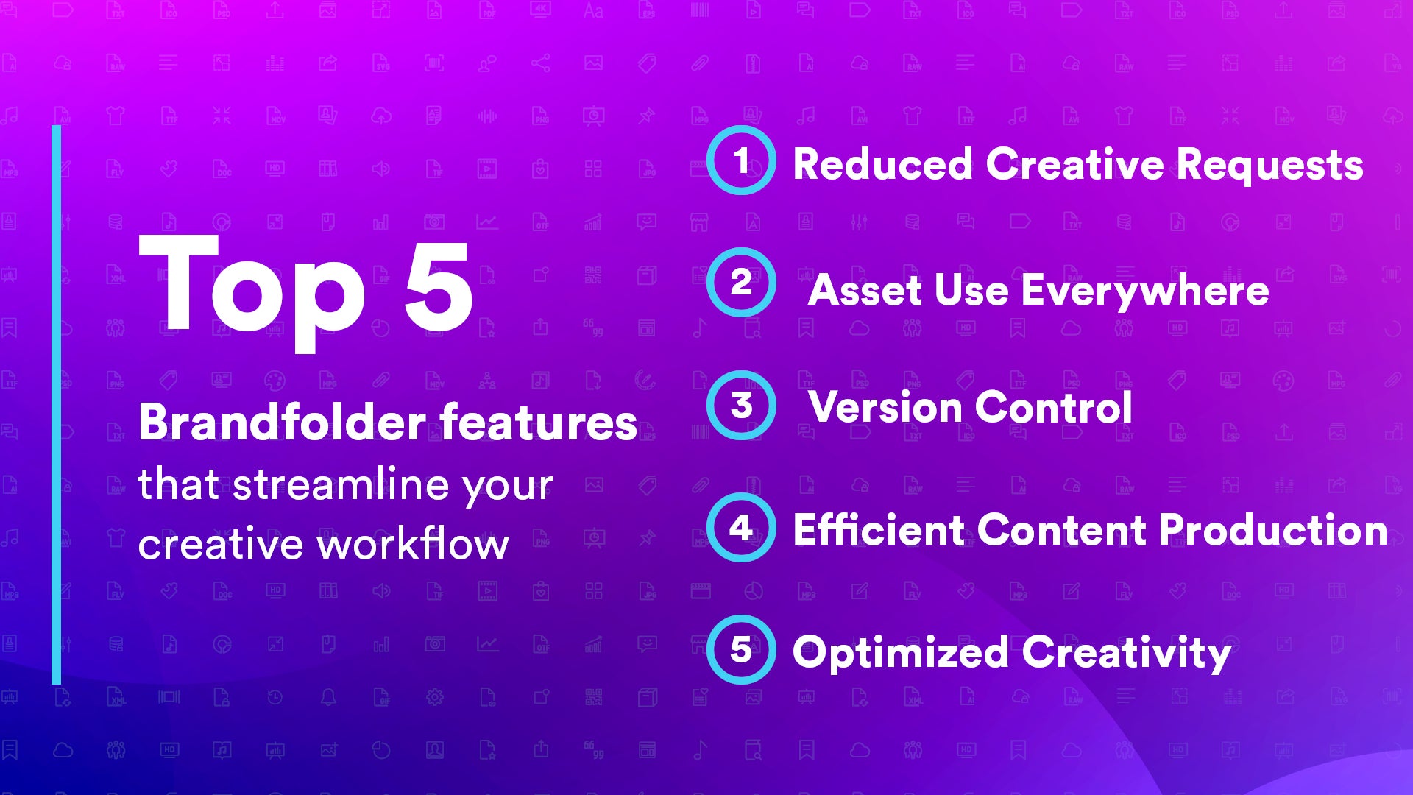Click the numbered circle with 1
tap(741, 160)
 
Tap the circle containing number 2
tap(741, 283)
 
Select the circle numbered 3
tap(741, 406)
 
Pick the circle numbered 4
tap(741, 528)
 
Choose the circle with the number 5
tap(741, 650)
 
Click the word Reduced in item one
tap(882, 164)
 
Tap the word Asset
tap(865, 290)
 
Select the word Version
tap(884, 407)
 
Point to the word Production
tap(1273, 530)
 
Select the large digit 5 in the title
tap(439, 287)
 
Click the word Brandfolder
tap(282, 423)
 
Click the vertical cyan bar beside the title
tap(57, 405)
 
